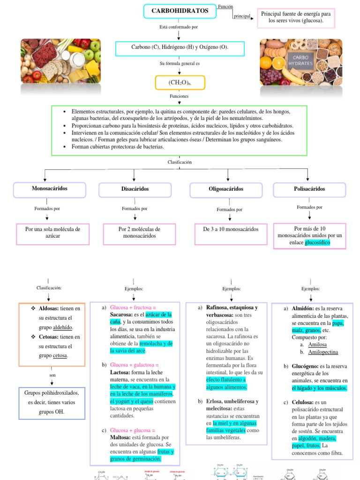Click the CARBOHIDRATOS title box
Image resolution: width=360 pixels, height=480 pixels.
(180, 10)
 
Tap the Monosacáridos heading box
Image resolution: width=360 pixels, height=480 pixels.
(49, 188)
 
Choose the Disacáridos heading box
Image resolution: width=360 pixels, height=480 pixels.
(135, 189)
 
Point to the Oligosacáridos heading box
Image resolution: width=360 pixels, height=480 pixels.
(225, 189)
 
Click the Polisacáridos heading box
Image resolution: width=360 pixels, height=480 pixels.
(309, 189)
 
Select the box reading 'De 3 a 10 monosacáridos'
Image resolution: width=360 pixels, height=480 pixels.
(231, 229)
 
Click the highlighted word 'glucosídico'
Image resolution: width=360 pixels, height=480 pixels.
(317, 242)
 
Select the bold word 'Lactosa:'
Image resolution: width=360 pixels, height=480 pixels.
(121, 372)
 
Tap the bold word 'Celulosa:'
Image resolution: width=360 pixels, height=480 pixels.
(303, 402)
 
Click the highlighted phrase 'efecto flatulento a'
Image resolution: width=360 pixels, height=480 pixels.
(226, 380)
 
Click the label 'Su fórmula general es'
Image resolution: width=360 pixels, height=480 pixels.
(180, 63)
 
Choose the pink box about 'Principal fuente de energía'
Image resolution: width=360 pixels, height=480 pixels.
(296, 18)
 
